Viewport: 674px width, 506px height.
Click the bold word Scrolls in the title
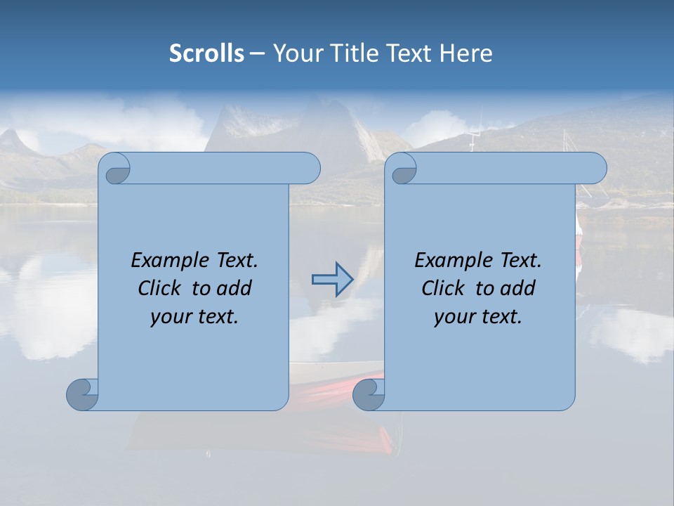[x=207, y=53]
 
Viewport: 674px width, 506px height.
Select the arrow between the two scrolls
[x=332, y=280]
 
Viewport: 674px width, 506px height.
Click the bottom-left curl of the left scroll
[x=81, y=394]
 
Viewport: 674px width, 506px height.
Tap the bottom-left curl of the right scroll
[x=368, y=394]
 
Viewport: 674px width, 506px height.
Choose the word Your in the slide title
[x=296, y=53]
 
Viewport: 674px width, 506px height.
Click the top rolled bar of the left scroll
[x=225, y=168]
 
